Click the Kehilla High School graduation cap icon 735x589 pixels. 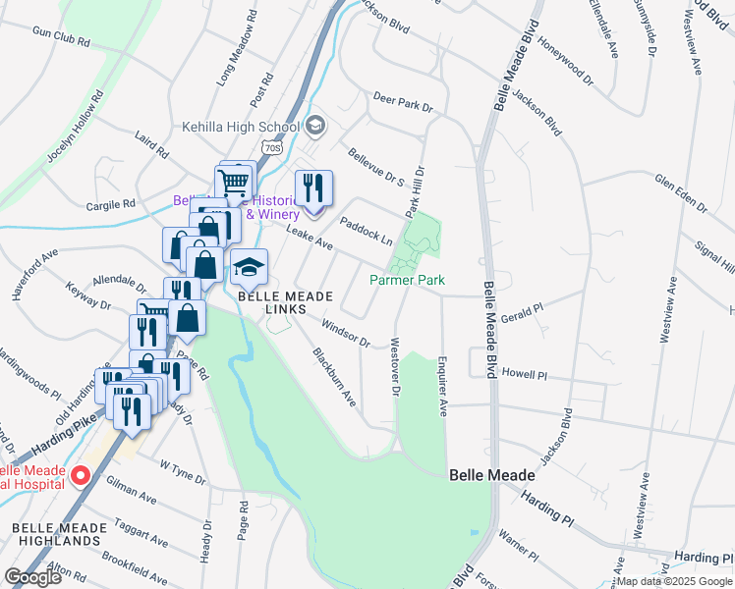[x=315, y=126]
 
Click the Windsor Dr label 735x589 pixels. [x=344, y=336]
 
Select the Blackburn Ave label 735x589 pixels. [x=333, y=377]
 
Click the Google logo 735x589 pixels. [x=33, y=576]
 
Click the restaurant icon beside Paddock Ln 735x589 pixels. [x=313, y=189]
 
